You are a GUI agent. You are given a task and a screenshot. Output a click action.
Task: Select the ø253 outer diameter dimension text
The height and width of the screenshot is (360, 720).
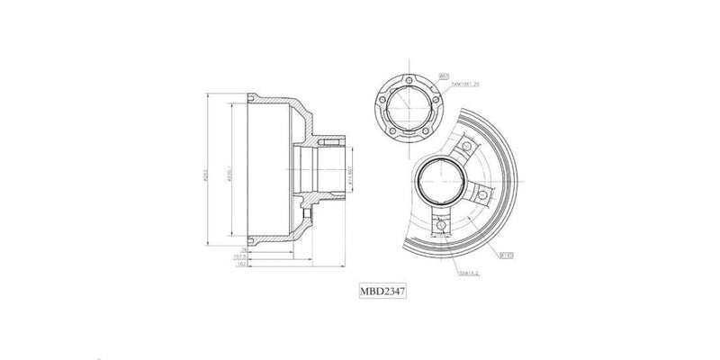point(207,172)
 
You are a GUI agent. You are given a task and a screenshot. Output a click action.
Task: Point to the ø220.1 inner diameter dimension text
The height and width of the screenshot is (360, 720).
point(230,173)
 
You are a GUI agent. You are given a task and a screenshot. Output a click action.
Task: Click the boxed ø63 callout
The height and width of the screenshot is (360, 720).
point(443,76)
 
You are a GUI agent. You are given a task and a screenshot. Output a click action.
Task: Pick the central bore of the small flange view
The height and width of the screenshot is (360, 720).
point(408,110)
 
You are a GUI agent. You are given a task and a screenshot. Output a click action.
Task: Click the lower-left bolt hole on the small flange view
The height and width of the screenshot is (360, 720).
point(392,130)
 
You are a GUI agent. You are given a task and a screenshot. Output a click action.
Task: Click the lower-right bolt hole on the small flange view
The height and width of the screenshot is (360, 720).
point(424,130)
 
